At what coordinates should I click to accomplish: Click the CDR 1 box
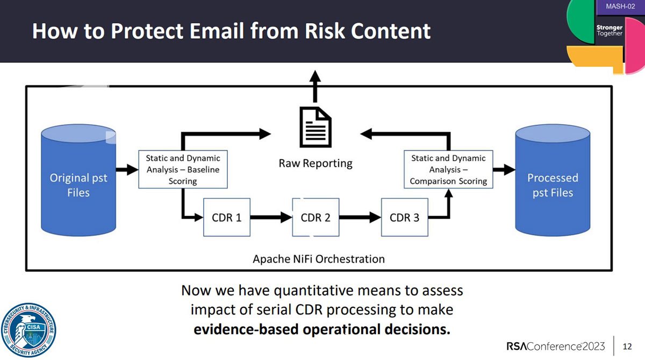pyautogui.click(x=226, y=218)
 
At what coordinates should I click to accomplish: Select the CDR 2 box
pyautogui.click(x=316, y=218)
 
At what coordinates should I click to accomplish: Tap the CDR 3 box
pyautogui.click(x=404, y=218)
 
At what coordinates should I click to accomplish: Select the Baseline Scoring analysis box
pyautogui.click(x=183, y=169)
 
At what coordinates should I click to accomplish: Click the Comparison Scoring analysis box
pyautogui.click(x=448, y=169)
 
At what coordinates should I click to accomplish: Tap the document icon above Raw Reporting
pyautogui.click(x=315, y=128)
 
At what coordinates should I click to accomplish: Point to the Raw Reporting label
pyautogui.click(x=315, y=163)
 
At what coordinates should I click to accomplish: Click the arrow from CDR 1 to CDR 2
pyautogui.click(x=271, y=218)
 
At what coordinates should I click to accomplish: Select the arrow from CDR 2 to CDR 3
pyautogui.click(x=360, y=218)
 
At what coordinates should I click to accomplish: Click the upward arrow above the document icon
pyautogui.click(x=315, y=86)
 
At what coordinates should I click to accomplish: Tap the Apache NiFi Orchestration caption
pyautogui.click(x=319, y=259)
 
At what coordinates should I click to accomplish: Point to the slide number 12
pyautogui.click(x=627, y=345)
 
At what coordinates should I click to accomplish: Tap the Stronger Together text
pyautogui.click(x=609, y=30)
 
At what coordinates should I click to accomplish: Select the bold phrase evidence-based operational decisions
pyautogui.click(x=321, y=329)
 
